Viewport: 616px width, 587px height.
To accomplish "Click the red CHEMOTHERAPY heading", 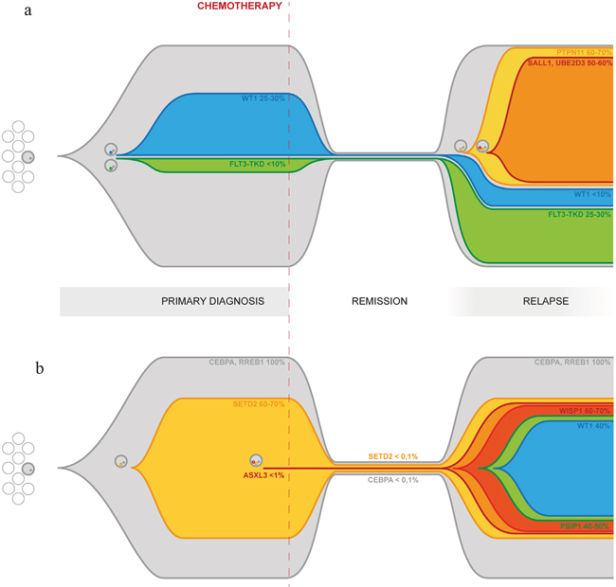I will click(x=239, y=6).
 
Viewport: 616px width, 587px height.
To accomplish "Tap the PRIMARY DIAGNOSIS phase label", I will click(x=212, y=301).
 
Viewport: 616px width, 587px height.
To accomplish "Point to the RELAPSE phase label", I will click(x=545, y=301).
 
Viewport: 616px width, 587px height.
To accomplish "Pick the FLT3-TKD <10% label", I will click(x=257, y=164).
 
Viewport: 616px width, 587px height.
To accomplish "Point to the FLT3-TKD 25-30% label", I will click(x=578, y=214).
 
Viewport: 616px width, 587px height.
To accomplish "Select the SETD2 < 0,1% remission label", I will click(x=392, y=456).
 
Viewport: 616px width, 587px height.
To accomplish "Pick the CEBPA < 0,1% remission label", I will click(x=392, y=480).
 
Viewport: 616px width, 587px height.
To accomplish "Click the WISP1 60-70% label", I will click(x=584, y=411).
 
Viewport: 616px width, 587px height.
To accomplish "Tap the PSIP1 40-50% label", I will click(x=583, y=525).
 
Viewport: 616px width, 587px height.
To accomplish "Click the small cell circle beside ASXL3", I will click(x=255, y=461).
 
